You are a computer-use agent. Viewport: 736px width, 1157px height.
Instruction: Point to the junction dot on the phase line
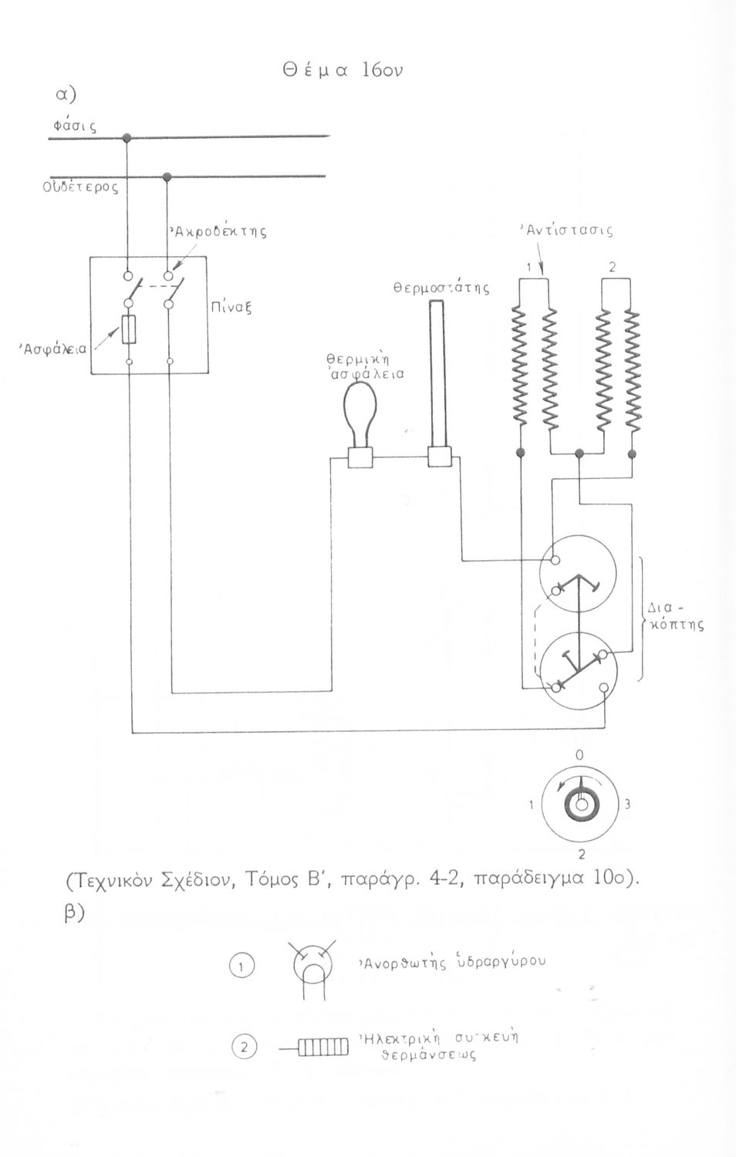coord(127,138)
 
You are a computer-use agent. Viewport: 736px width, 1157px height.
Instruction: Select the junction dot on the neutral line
coord(167,177)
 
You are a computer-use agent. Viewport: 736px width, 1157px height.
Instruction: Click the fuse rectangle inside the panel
coord(130,329)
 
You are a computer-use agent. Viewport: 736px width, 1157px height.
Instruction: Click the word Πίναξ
coord(232,306)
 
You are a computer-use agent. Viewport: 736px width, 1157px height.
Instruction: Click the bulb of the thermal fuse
coord(359,406)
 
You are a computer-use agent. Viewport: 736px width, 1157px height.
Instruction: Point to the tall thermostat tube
coord(437,374)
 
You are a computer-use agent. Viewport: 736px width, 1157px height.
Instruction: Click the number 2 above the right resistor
coord(612,268)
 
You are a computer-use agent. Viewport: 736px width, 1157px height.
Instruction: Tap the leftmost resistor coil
coord(519,370)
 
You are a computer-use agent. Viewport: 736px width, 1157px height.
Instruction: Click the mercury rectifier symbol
coord(313,967)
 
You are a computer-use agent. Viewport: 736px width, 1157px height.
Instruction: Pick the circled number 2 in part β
coord(244,1047)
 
